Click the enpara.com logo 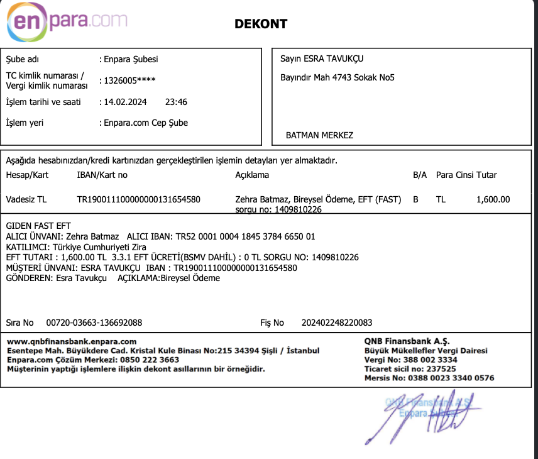(67, 22)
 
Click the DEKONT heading (260, 25)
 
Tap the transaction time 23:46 (176, 102)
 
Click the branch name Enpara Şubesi (129, 60)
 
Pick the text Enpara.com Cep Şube (144, 123)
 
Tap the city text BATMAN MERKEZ (319, 135)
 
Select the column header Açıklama (252, 175)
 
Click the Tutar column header (486, 175)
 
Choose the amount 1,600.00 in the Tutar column (493, 200)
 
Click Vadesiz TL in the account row (26, 200)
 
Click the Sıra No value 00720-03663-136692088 (94, 323)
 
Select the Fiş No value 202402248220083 (337, 323)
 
